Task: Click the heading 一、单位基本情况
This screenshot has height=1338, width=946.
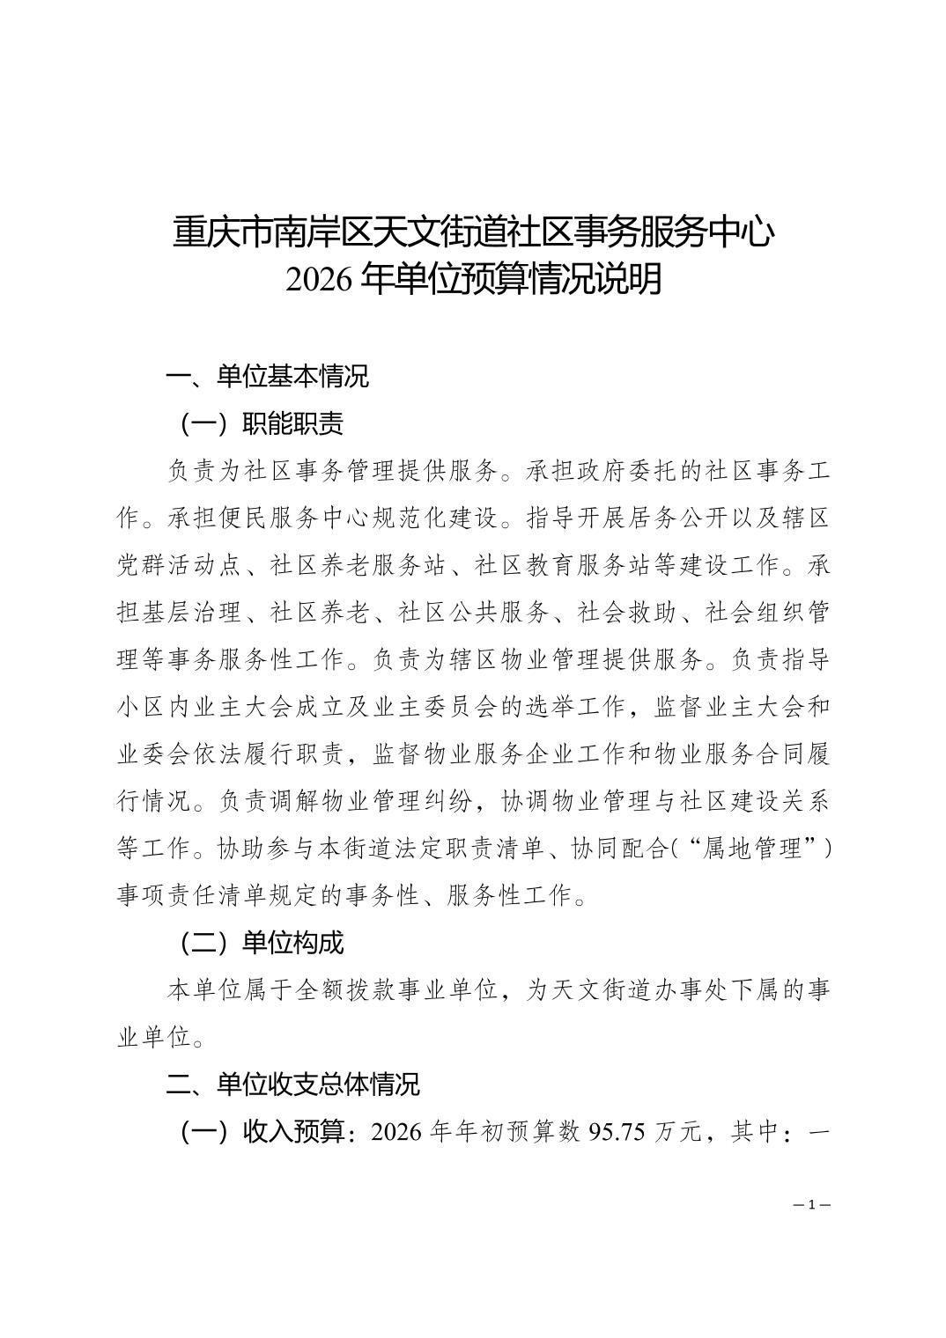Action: click(x=268, y=376)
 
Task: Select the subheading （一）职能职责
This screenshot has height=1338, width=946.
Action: click(x=261, y=423)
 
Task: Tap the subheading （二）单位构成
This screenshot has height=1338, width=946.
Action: click(x=261, y=943)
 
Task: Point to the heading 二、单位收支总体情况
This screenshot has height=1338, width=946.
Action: click(x=293, y=1084)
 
